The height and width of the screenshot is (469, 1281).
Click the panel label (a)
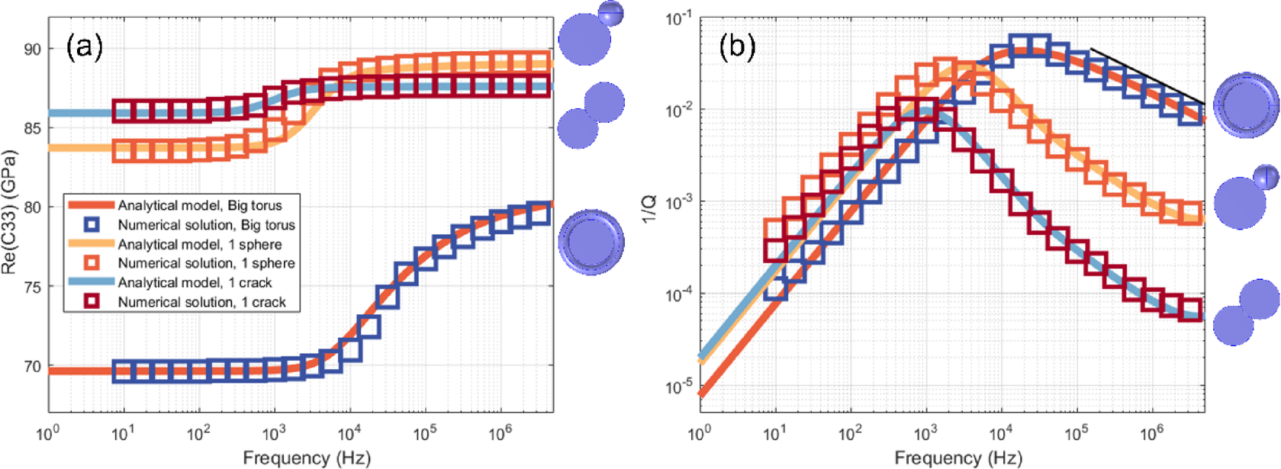(x=84, y=47)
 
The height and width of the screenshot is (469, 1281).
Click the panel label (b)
(x=737, y=47)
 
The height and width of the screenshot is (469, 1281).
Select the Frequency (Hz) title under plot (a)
(x=306, y=458)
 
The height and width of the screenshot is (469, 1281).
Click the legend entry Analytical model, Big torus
(x=199, y=206)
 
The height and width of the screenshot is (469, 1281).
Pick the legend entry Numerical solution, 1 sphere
(x=206, y=263)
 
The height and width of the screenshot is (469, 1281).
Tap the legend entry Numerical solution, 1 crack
(x=201, y=302)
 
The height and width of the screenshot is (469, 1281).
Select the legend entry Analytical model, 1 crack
(x=195, y=283)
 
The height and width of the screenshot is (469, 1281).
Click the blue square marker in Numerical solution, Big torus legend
(x=92, y=225)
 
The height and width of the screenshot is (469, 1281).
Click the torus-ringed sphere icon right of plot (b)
(x=1246, y=105)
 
